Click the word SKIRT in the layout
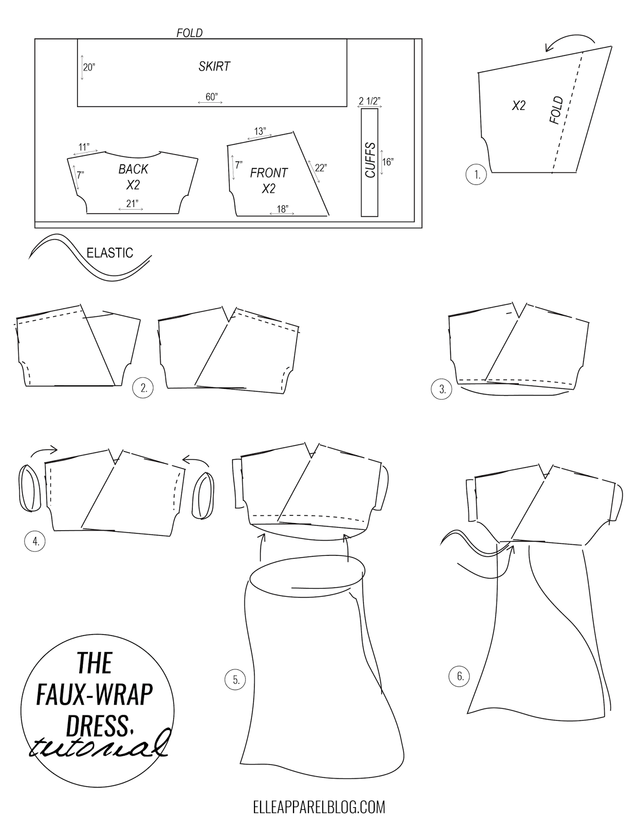pos(214,67)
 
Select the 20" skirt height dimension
pos(89,67)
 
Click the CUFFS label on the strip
pos(370,160)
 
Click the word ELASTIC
pos(110,253)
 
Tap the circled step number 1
pos(476,174)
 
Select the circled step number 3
pos(442,389)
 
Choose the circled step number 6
pos(459,676)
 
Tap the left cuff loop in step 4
pos(30,488)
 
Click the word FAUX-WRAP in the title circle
pos(94,695)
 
